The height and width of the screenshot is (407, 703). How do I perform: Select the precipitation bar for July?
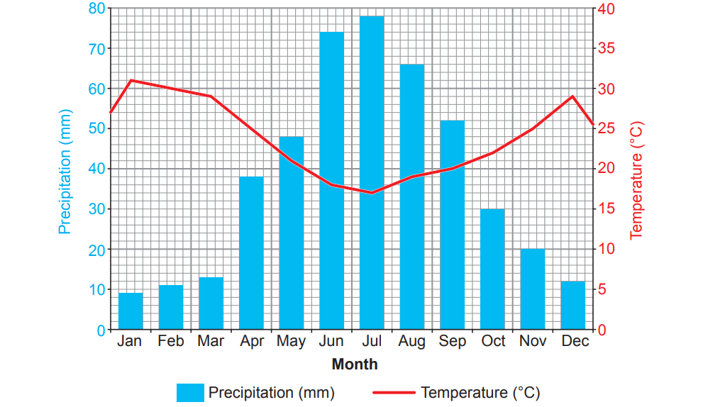372,173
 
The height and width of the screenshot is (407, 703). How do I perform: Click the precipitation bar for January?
131,311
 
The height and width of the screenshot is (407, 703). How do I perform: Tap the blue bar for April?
251,253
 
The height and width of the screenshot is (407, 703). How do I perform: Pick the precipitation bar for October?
492,269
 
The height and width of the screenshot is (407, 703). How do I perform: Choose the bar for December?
573,306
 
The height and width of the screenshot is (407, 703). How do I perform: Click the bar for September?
453,225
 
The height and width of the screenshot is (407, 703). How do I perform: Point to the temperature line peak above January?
131,80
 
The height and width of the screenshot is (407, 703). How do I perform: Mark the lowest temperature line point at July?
372,193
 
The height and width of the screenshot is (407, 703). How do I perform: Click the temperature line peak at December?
572,96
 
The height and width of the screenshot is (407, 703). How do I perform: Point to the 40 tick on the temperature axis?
607,9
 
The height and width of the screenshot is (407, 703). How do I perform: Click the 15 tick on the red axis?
607,209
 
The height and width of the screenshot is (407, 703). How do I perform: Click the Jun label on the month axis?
331,342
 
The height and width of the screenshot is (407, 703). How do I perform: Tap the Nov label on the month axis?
533,342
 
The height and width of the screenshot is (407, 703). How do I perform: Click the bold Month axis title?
355,364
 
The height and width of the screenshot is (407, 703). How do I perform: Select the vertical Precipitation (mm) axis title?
65,170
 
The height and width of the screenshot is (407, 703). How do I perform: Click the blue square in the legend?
189,392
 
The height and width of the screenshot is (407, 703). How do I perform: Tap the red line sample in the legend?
393,392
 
